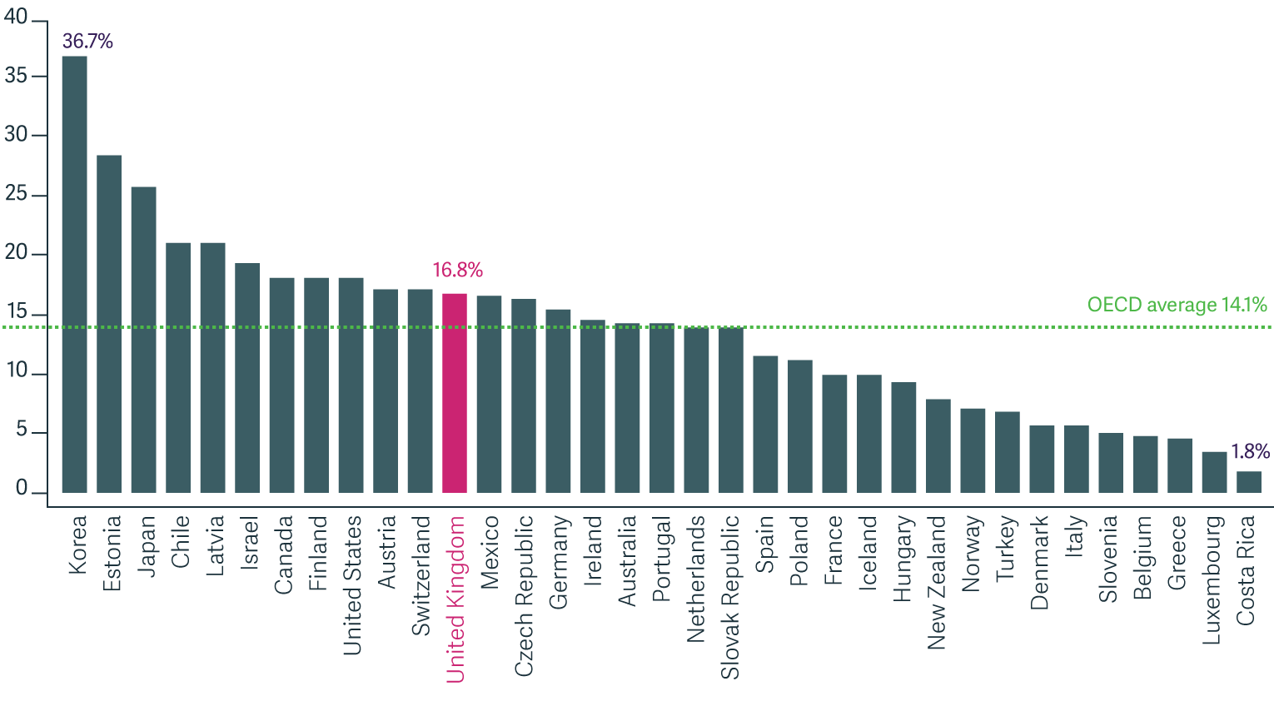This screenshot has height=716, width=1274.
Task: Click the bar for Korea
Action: tap(75, 275)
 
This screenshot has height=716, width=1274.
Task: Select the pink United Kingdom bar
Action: tap(455, 393)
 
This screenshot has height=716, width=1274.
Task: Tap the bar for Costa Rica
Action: tap(1249, 483)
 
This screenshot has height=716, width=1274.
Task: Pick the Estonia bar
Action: tap(109, 325)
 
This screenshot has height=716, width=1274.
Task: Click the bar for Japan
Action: tap(144, 340)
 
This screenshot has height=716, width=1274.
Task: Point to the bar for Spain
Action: tap(765, 425)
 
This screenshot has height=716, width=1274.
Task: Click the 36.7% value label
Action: tap(87, 42)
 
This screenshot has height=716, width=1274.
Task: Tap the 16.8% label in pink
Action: tap(457, 270)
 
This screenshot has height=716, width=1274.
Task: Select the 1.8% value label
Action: tap(1250, 451)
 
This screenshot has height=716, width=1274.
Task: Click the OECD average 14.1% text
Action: tap(1177, 305)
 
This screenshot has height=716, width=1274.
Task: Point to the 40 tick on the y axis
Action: tap(16, 17)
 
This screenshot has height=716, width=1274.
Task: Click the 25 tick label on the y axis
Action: tap(16, 195)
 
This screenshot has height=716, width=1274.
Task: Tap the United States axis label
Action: tap(353, 584)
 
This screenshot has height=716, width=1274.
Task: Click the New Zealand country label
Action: tap(937, 582)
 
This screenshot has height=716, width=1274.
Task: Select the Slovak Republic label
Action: tap(730, 597)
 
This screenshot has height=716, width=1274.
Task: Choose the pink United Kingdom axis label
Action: tap(455, 599)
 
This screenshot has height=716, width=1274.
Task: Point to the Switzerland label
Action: tap(421, 575)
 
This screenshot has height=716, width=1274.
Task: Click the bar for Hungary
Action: tap(903, 438)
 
